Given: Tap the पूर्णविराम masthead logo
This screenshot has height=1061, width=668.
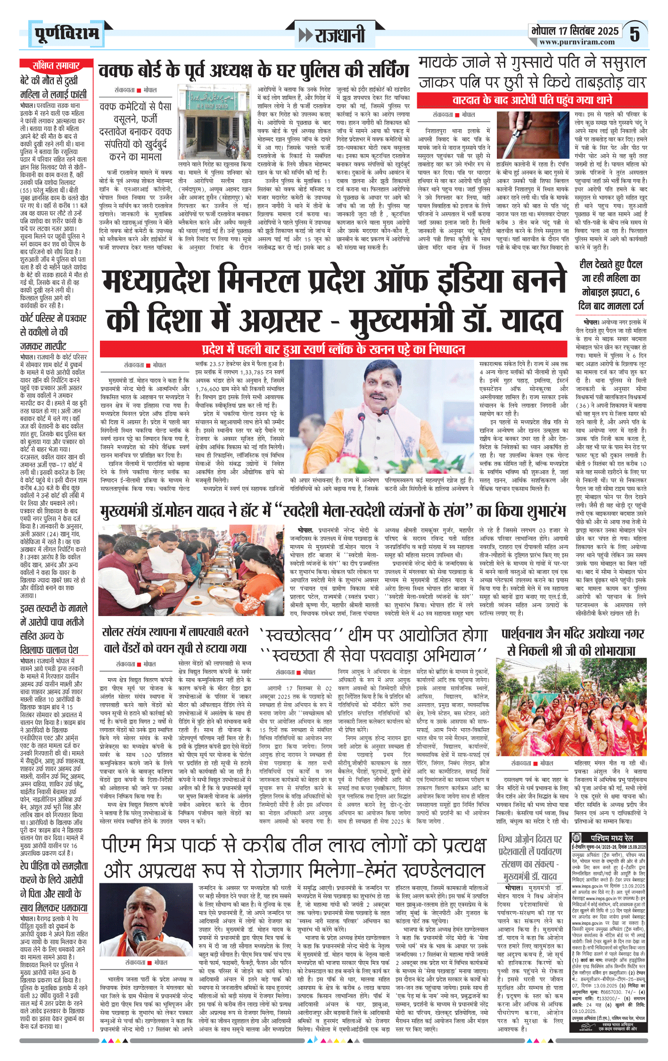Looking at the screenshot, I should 67,33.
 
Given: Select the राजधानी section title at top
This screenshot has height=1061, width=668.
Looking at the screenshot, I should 333,35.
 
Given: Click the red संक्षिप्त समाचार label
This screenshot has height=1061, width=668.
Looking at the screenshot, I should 56,66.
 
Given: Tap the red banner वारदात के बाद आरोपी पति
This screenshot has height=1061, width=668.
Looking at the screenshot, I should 532,100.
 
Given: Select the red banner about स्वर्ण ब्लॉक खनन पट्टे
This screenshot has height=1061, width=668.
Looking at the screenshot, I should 333,349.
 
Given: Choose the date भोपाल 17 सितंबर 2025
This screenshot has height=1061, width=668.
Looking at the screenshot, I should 574,31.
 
